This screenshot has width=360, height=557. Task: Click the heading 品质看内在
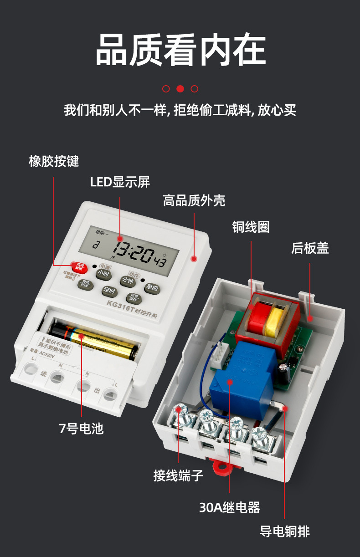pyautogui.click(x=180, y=50)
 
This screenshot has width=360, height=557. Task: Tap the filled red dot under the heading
pyautogui.click(x=180, y=89)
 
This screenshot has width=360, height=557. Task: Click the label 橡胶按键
pyautogui.click(x=54, y=161)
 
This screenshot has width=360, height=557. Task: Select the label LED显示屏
pyautogui.click(x=120, y=182)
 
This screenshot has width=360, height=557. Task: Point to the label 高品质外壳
pyautogui.click(x=194, y=200)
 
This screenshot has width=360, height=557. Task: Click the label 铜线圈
pyautogui.click(x=251, y=227)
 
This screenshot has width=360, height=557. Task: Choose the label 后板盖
pyautogui.click(x=310, y=248)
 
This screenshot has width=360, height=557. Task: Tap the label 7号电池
pyautogui.click(x=81, y=428)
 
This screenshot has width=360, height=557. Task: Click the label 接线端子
pyautogui.click(x=178, y=476)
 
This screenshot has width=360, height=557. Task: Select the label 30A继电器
pyautogui.click(x=229, y=507)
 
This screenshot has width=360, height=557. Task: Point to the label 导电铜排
pyautogui.click(x=285, y=531)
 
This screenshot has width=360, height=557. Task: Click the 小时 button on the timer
pyautogui.click(x=103, y=274)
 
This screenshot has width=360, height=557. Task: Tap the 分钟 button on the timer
pyautogui.click(x=128, y=281)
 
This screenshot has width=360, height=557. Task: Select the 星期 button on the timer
pyautogui.click(x=151, y=288)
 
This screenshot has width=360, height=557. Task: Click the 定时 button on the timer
pyautogui.click(x=109, y=291)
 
